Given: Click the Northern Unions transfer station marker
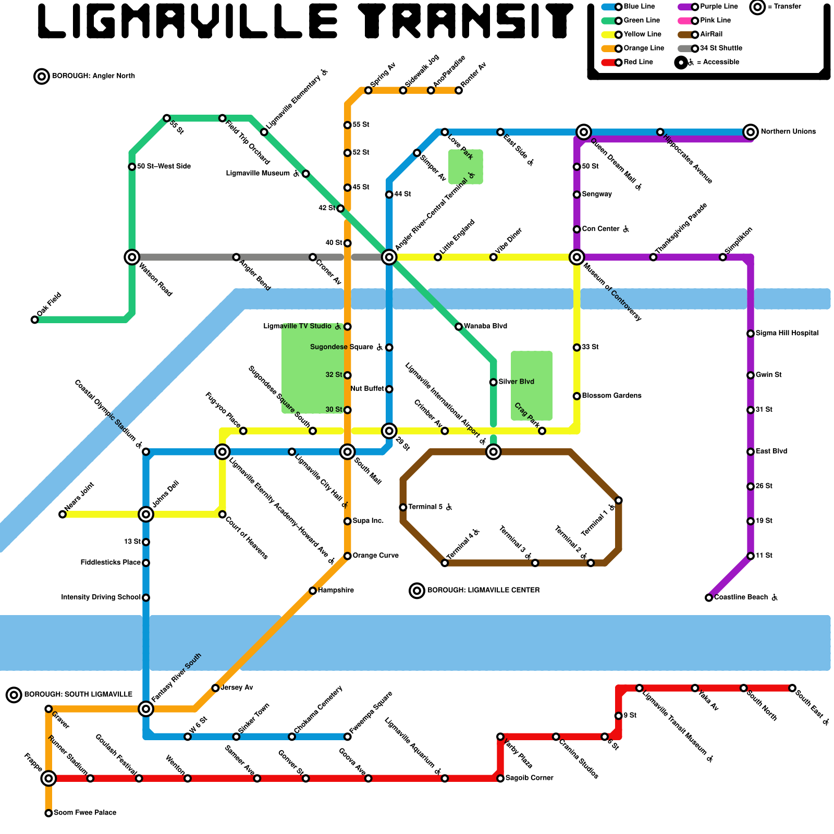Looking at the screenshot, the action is point(750,132).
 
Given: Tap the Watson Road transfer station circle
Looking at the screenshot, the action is point(132,257).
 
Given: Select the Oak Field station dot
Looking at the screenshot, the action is point(34,320).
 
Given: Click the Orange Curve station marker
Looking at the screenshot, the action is point(347,556).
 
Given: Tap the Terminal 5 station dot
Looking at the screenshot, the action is point(403,507).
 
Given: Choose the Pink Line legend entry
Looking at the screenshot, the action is point(715,20).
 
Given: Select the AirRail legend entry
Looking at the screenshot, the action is point(711,34).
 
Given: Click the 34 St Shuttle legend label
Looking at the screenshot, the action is point(721,48).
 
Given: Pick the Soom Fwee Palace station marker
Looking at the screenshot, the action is point(48,813).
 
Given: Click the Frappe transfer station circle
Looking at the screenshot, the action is point(48,779).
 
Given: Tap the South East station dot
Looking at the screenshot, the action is point(792,688).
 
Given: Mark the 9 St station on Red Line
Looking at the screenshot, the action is point(618,716).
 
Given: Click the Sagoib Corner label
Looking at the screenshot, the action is point(529,778).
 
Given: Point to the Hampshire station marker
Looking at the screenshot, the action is point(313,591).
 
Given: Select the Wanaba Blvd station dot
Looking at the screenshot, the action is point(459,327).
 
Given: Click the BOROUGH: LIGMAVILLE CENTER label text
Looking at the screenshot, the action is point(483,591).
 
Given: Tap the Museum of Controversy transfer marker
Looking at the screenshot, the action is point(577,257).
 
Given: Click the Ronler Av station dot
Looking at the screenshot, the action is point(459,91).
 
